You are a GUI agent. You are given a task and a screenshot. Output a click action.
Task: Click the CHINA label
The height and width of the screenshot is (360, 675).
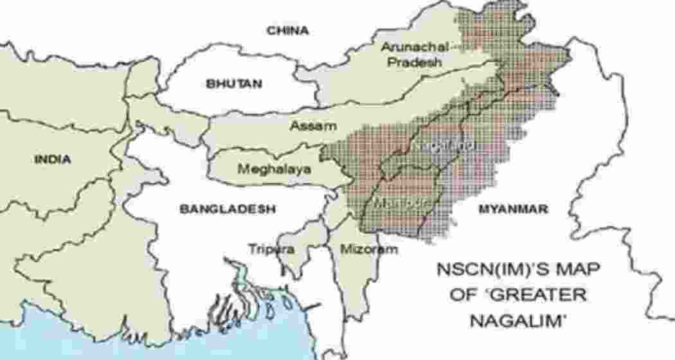(288, 30)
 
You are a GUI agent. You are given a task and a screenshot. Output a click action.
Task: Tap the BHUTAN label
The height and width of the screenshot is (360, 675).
(234, 84)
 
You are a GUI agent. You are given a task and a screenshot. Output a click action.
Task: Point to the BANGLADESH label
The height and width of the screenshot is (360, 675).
(228, 209)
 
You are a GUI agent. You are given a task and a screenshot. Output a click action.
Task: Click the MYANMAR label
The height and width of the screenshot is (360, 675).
(513, 209)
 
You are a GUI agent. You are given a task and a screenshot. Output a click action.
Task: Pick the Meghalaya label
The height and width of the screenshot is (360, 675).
(274, 170)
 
